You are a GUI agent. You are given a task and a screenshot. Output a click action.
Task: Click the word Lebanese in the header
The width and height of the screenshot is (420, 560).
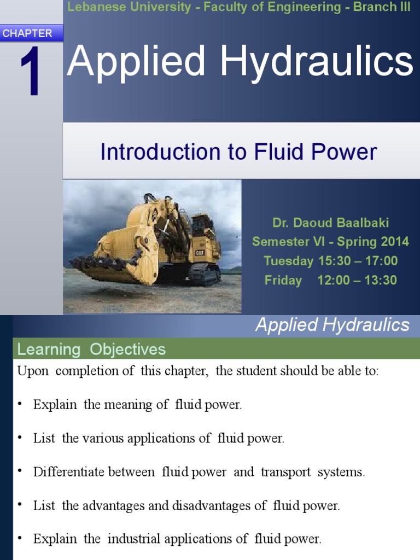pyautogui.click(x=90, y=7)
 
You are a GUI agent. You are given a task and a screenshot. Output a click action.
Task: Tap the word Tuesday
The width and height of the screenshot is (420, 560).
pyautogui.click(x=288, y=261)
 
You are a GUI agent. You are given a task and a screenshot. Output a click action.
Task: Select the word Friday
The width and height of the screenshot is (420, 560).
pyautogui.click(x=283, y=280)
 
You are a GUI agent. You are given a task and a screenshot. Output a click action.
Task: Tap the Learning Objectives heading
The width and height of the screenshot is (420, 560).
pyautogui.click(x=91, y=349)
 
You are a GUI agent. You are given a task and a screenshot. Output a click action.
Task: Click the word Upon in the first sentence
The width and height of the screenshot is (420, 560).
pyautogui.click(x=33, y=371)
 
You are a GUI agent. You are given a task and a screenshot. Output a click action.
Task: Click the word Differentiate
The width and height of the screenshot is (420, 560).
pyautogui.click(x=68, y=472)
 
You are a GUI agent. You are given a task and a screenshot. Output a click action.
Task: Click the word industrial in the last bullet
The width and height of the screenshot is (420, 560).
pyautogui.click(x=138, y=539)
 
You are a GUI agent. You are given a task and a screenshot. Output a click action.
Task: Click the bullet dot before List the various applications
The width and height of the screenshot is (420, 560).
pyautogui.click(x=20, y=439)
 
